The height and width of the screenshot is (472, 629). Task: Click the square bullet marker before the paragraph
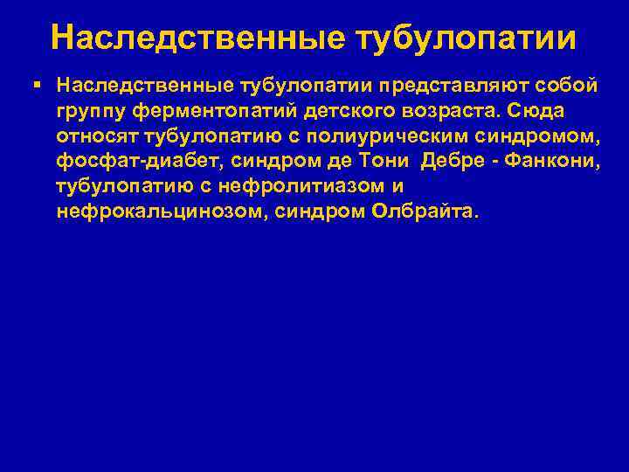point(35,85)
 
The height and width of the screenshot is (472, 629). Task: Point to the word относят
point(96,137)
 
